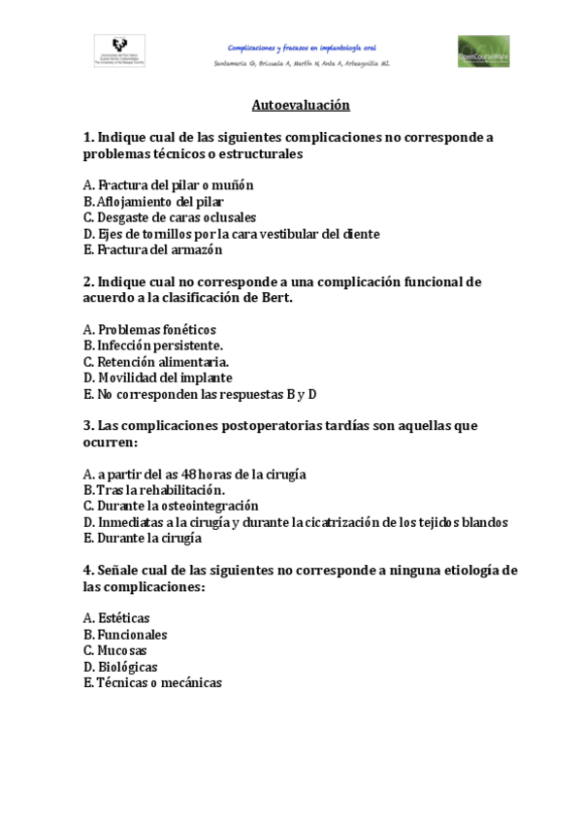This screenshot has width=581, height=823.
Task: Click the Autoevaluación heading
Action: (301, 105)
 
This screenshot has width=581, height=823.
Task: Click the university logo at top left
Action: (119, 50)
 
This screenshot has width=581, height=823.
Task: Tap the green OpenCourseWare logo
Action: (483, 51)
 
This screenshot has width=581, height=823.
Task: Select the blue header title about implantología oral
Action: (301, 47)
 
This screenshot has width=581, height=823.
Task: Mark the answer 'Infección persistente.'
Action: (160, 346)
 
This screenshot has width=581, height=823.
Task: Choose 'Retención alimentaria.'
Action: (163, 362)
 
